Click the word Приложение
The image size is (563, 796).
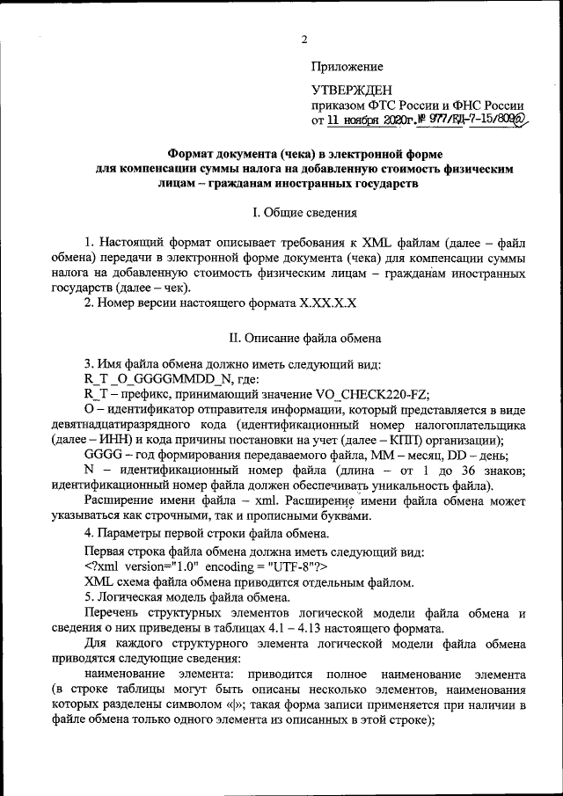coord(347,66)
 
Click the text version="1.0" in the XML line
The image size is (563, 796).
coord(164,566)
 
